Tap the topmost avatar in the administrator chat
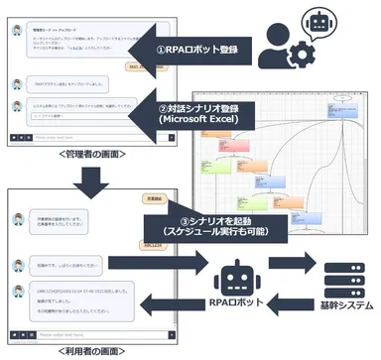(17, 30)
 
